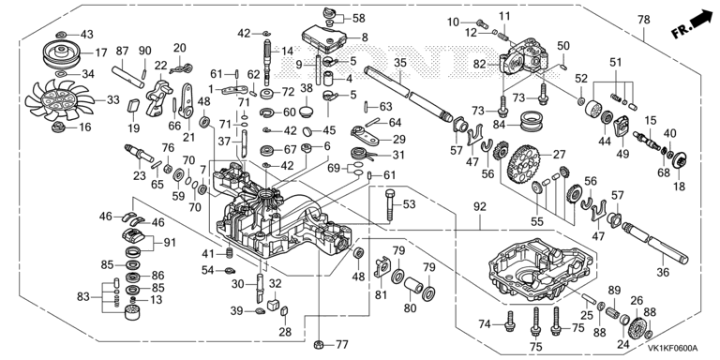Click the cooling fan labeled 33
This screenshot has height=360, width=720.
click(x=60, y=100)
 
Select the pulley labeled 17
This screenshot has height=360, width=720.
click(x=62, y=53)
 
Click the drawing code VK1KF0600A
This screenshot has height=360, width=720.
click(x=672, y=348)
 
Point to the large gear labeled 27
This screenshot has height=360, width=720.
click(x=523, y=164)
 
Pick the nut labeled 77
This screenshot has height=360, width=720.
click(x=317, y=344)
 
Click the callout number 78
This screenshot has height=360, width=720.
click(x=644, y=20)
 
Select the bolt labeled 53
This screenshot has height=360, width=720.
click(x=390, y=204)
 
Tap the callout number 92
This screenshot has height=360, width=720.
click(x=479, y=207)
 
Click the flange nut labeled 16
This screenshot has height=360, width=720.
click(x=57, y=127)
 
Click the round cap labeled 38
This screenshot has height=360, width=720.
click(x=307, y=112)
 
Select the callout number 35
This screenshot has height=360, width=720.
click(x=400, y=63)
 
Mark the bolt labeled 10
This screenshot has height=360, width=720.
click(x=481, y=22)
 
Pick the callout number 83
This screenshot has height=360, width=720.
click(x=83, y=297)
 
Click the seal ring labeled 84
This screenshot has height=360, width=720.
click(x=532, y=121)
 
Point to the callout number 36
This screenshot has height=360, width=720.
click(x=663, y=272)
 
